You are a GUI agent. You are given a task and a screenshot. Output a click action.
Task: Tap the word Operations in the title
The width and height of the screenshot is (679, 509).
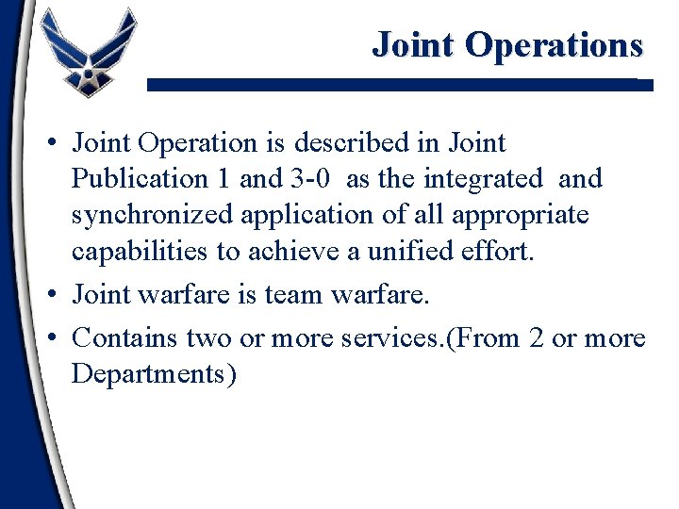click(x=555, y=44)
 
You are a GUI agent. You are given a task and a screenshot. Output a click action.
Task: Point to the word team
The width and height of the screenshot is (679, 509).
click(x=294, y=296)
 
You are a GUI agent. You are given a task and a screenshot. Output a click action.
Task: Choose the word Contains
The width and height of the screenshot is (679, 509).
click(x=126, y=337)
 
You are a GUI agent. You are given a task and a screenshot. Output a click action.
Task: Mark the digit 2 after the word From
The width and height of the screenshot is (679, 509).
click(x=537, y=337)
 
